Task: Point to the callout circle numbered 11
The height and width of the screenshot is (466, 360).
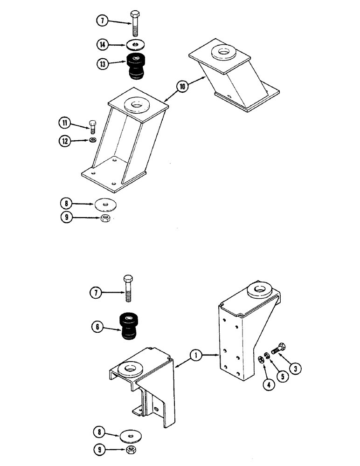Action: [64, 124]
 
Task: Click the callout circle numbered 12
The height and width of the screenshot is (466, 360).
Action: [64, 140]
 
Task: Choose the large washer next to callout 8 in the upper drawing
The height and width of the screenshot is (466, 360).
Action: [106, 204]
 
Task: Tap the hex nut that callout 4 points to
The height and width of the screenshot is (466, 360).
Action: [261, 359]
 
